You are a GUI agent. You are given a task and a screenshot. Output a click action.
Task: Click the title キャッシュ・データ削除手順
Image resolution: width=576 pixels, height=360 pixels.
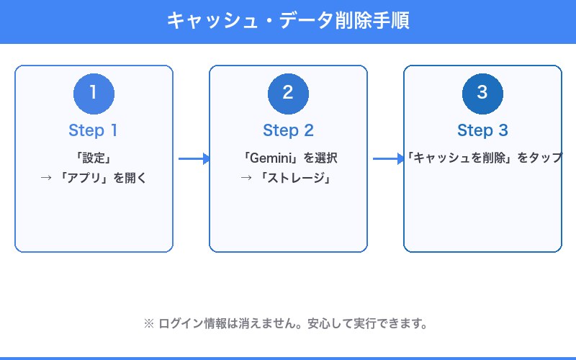[288, 21]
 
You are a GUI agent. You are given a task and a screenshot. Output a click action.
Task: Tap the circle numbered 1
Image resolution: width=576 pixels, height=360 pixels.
[94, 94]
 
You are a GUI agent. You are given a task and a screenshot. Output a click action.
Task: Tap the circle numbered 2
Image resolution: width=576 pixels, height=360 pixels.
[288, 94]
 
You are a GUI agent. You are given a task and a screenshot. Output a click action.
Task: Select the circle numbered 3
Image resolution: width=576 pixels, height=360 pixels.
[482, 94]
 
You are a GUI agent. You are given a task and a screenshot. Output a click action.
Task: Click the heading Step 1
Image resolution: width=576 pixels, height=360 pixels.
[94, 130]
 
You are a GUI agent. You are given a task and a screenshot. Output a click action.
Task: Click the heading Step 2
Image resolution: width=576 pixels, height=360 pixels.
[288, 130]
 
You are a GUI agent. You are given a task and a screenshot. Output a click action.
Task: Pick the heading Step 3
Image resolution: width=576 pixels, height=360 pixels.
[482, 130]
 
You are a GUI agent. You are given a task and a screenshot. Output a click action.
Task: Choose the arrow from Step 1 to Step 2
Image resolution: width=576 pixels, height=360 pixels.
[193, 159]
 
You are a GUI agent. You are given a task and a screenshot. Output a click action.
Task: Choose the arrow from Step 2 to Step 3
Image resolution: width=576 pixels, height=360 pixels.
[387, 159]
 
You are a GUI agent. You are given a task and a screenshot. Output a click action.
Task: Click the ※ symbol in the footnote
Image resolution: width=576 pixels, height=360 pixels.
[150, 323]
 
